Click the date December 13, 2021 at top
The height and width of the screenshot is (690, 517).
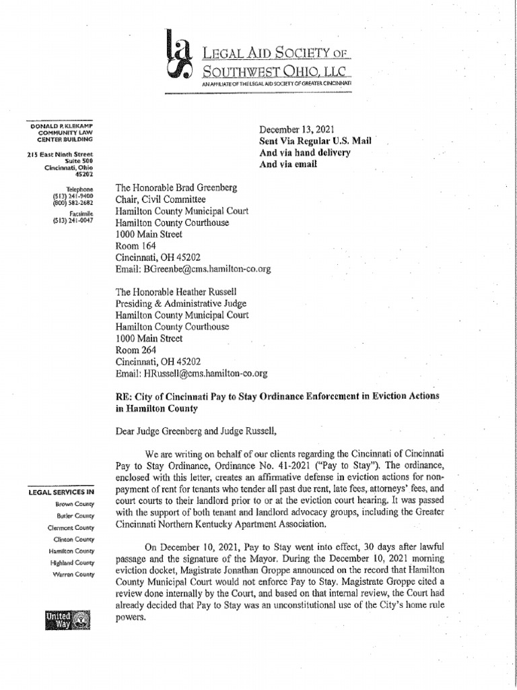click(299, 129)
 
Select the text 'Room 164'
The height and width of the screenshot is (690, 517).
click(135, 246)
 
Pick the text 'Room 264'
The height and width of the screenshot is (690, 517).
click(135, 350)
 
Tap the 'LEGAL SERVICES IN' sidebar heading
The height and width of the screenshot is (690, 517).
click(61, 492)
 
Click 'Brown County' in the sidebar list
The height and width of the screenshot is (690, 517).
click(75, 504)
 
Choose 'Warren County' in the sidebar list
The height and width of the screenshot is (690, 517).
click(74, 574)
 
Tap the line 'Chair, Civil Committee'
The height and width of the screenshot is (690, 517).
click(161, 199)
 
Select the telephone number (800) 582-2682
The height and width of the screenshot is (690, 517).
click(74, 202)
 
